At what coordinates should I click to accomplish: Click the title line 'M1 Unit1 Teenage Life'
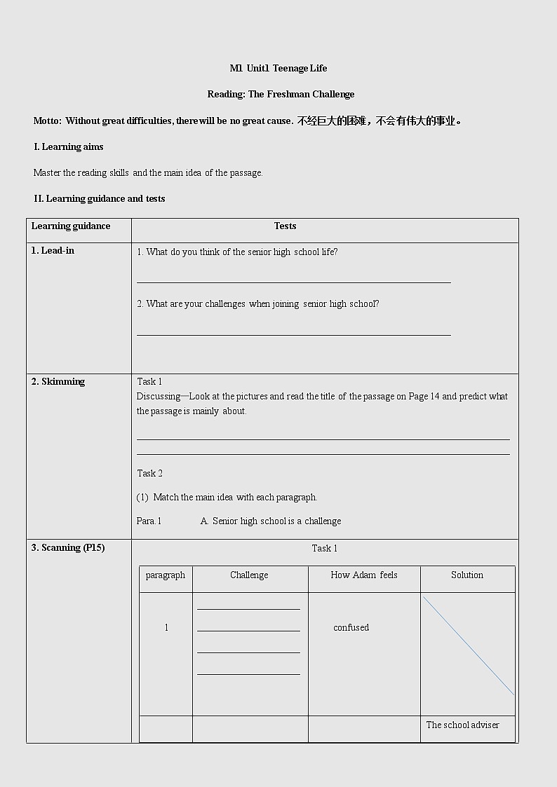click(278, 68)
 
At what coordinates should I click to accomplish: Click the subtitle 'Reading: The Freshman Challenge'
click(281, 94)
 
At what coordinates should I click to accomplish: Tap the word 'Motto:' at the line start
click(47, 121)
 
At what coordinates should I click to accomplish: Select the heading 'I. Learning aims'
click(69, 146)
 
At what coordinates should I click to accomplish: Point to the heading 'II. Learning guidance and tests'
click(100, 198)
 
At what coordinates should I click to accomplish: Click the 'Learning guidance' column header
click(71, 226)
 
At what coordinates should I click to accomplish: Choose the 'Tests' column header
click(285, 226)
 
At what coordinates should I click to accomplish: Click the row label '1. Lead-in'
click(53, 250)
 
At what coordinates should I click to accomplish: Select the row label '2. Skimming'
click(58, 381)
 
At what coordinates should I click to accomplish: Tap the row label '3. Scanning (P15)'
click(68, 547)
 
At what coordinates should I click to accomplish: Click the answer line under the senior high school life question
click(293, 282)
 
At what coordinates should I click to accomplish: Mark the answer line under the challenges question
click(293, 335)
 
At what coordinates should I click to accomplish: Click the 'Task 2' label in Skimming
click(149, 473)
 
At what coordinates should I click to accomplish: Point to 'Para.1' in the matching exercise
click(149, 521)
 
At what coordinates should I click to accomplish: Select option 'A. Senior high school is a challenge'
click(271, 521)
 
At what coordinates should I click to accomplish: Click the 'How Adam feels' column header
click(363, 575)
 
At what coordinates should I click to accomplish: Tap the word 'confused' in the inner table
click(351, 627)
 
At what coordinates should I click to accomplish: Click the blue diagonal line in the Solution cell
click(468, 645)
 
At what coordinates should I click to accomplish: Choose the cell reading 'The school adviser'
click(462, 725)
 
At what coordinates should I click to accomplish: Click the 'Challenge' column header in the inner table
click(249, 575)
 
